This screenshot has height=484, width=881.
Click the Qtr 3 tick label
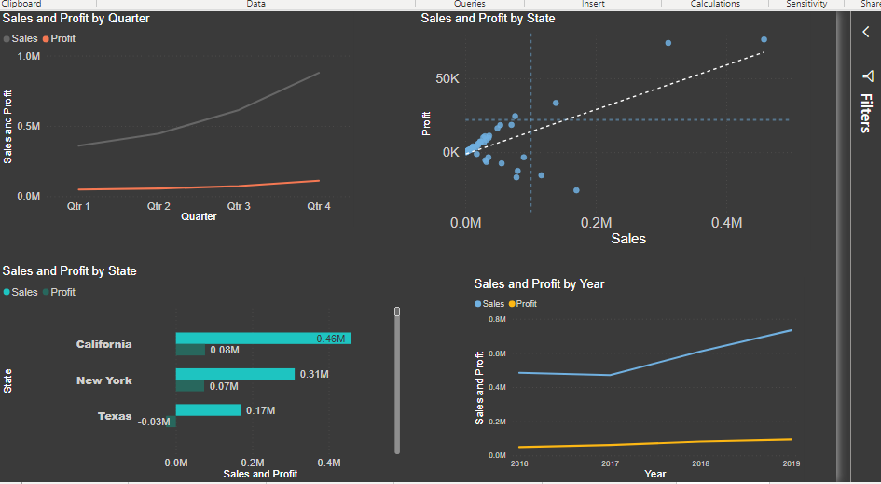pos(239,205)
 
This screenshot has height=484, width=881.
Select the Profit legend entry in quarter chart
pos(59,38)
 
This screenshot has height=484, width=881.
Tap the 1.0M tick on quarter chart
pos(29,57)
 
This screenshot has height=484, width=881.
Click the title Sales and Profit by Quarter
pos(76,18)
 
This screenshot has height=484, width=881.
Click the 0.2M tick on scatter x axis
pos(596,223)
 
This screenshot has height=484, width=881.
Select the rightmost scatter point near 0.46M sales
pos(764,39)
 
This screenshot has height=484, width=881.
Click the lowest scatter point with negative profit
pos(576,190)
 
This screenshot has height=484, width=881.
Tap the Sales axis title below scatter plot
pos(628,239)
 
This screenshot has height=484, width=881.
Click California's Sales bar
pos(261,339)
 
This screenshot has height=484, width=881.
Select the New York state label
pos(104,380)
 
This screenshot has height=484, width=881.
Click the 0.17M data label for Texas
pos(259,410)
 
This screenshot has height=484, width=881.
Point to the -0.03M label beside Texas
pos(154,422)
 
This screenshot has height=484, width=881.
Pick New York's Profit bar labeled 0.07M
pos(190,386)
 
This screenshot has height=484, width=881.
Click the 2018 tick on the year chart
pos(700,463)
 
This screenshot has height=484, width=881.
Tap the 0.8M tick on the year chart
pos(496,320)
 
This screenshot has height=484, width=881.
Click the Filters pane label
pos(866,113)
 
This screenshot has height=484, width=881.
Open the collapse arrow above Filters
pos(865,32)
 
